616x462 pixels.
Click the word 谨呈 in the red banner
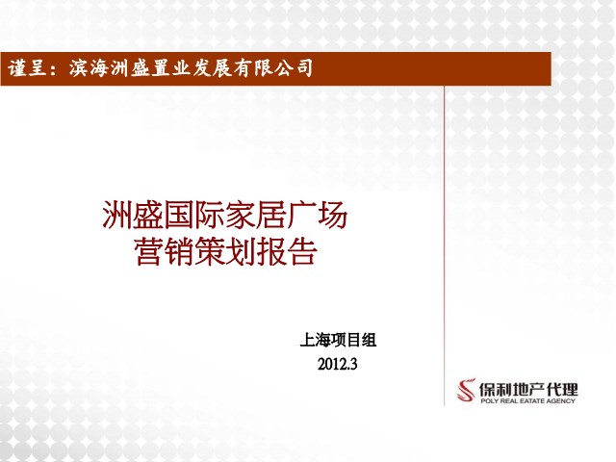point(28,68)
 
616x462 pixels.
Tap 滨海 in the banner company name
point(89,68)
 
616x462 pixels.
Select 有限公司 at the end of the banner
point(273,68)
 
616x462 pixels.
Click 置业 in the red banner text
point(170,68)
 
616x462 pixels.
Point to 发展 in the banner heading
point(212,68)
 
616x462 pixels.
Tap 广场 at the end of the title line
point(317,215)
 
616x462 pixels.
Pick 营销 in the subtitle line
point(165,251)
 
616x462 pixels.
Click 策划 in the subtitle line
point(225,251)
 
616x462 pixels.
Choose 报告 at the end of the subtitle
point(287,251)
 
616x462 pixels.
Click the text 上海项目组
point(338,340)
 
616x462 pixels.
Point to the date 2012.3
point(338,364)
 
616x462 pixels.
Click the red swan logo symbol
point(466,390)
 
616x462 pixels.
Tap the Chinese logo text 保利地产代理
point(528,389)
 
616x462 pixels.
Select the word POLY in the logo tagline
point(490,401)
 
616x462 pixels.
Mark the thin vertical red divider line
point(445,245)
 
